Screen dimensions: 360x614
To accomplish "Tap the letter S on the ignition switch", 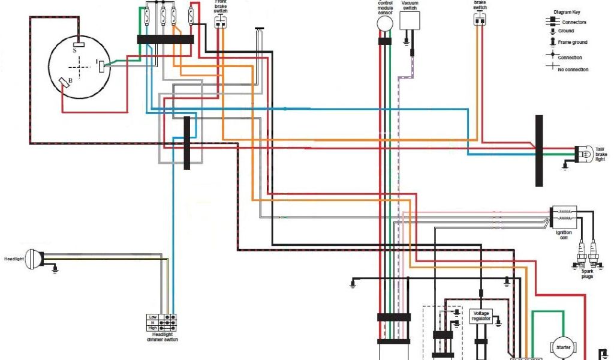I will click(75, 51).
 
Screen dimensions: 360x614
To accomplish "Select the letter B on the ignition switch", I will click(71, 80).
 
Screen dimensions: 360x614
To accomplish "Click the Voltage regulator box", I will click(481, 316).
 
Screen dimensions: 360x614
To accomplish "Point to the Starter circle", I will click(563, 347).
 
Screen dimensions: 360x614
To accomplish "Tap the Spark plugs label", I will click(586, 274).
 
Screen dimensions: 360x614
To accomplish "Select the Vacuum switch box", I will click(410, 21).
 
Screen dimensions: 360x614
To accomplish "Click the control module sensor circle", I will click(384, 23).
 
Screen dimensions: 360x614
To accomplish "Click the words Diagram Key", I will click(567, 11).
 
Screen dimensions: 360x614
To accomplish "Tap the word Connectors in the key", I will click(574, 22).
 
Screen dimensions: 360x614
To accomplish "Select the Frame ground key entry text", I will click(572, 42).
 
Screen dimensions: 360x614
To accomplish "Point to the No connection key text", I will click(573, 70).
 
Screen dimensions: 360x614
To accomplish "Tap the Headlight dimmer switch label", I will click(162, 337).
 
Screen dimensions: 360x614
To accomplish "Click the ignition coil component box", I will click(564, 213).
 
